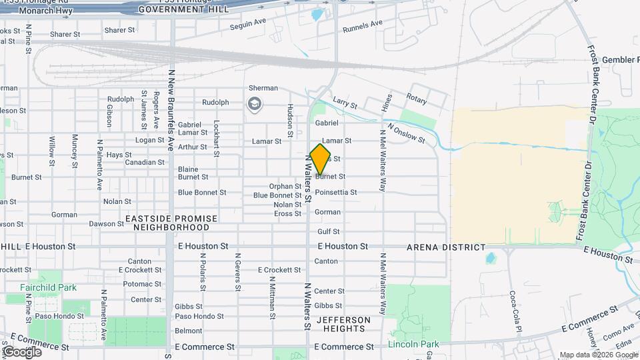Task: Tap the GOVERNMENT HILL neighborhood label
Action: click(x=183, y=9)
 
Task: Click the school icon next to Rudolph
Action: click(x=254, y=103)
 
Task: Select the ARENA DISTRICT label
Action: click(x=447, y=247)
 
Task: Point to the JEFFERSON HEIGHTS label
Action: click(x=341, y=324)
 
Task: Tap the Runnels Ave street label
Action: click(x=363, y=27)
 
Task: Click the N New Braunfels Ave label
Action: click(x=171, y=110)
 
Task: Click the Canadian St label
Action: click(x=145, y=163)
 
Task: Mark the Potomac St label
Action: click(x=138, y=284)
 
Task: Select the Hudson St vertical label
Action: click(x=290, y=121)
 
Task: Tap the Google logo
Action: click(x=22, y=351)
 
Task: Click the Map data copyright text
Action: click(x=598, y=355)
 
